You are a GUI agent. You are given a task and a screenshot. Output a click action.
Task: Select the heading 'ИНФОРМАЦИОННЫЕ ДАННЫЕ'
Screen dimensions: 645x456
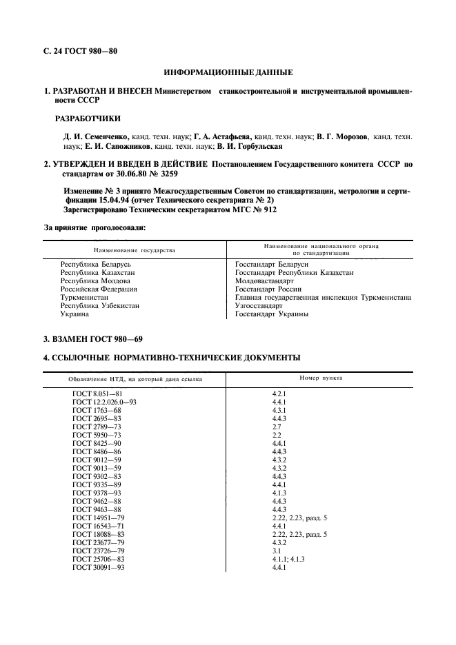tap(228, 72)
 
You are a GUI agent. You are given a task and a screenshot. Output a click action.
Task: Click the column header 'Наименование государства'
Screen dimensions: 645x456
tap(135, 249)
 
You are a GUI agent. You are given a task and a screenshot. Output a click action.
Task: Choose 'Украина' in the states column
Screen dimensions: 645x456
tap(75, 314)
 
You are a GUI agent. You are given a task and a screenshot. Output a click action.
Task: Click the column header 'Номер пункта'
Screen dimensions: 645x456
tap(321, 378)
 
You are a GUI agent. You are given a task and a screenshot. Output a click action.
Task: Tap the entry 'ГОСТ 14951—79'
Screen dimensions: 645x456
tap(98, 517)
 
